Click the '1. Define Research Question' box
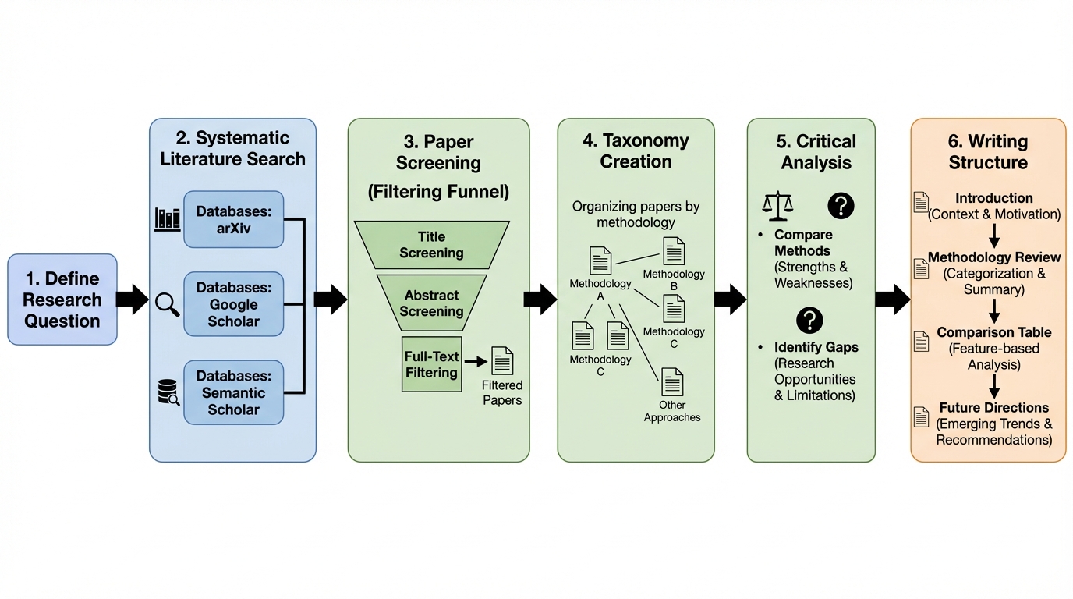coord(62,299)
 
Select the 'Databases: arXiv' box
coord(233,219)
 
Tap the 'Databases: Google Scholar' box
coord(233,304)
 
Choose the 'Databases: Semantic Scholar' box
coord(233,392)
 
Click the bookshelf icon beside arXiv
coord(168,219)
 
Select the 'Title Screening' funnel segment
coord(431,245)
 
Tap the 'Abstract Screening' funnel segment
coord(431,303)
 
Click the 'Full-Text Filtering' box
coord(430,364)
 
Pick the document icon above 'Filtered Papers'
coord(502,360)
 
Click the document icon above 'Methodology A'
coord(600,261)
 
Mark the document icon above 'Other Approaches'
coord(672,382)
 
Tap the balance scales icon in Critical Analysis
coord(777,205)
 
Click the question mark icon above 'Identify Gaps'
coord(810,320)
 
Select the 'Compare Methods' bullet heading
coord(803,243)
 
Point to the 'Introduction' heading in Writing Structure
coord(993,198)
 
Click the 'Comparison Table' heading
coord(993,332)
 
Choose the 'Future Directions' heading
coord(993,407)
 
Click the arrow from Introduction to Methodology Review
coord(994,235)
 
